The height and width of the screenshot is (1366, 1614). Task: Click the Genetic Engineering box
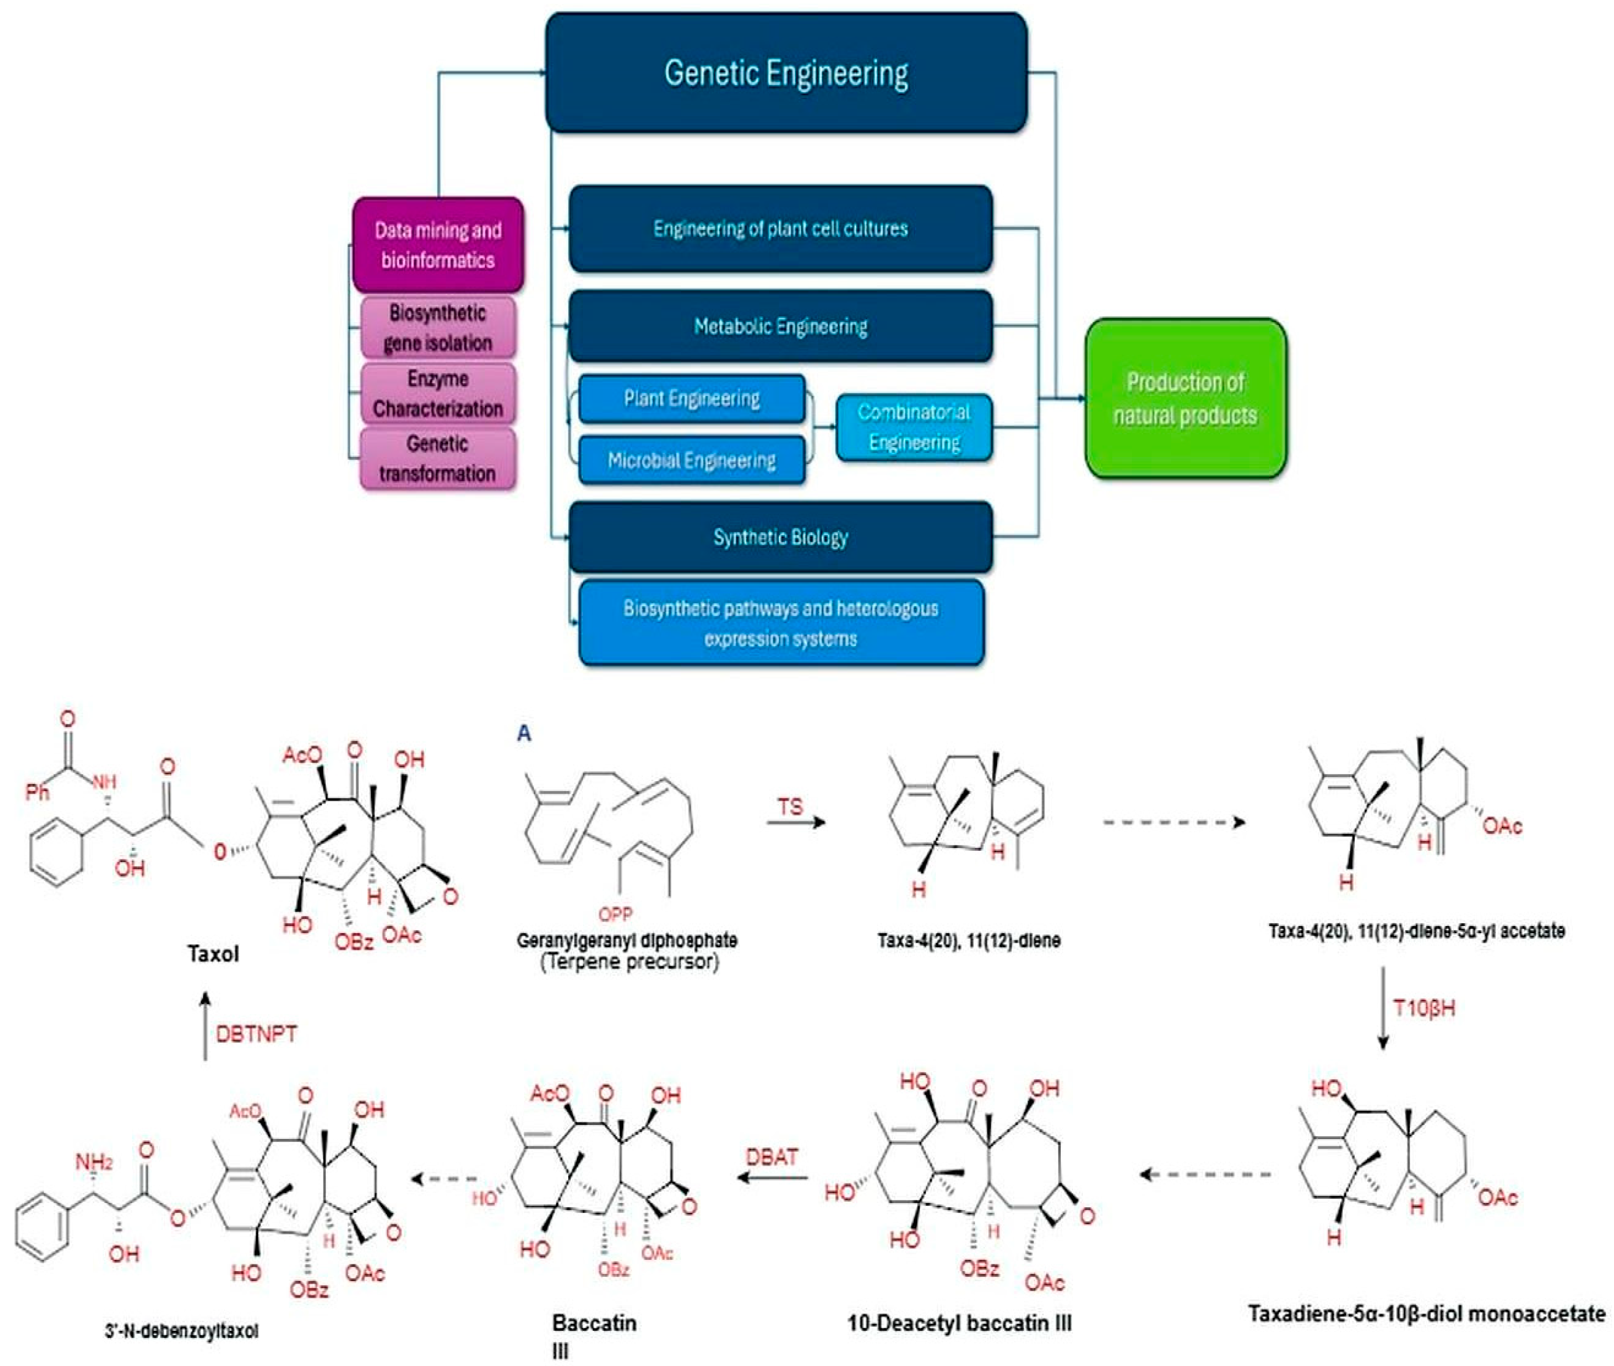[x=786, y=73]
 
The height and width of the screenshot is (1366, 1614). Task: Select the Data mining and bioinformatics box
[x=438, y=245]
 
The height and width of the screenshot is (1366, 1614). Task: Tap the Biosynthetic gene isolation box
[x=438, y=328]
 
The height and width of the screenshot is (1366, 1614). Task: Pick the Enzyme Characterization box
[x=438, y=393]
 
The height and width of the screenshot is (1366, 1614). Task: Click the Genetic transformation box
[x=438, y=458]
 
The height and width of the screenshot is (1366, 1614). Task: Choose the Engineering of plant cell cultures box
[x=780, y=228]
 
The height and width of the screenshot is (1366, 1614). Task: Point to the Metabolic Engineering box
[x=780, y=326]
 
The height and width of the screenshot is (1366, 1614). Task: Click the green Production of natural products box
[x=1185, y=398]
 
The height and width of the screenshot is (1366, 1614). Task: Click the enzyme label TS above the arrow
[x=790, y=807]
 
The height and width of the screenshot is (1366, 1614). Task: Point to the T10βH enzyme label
[x=1424, y=1008]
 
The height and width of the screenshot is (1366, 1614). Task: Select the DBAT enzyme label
[x=772, y=1157]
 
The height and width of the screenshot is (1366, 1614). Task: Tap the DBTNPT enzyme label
[x=256, y=1034]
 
